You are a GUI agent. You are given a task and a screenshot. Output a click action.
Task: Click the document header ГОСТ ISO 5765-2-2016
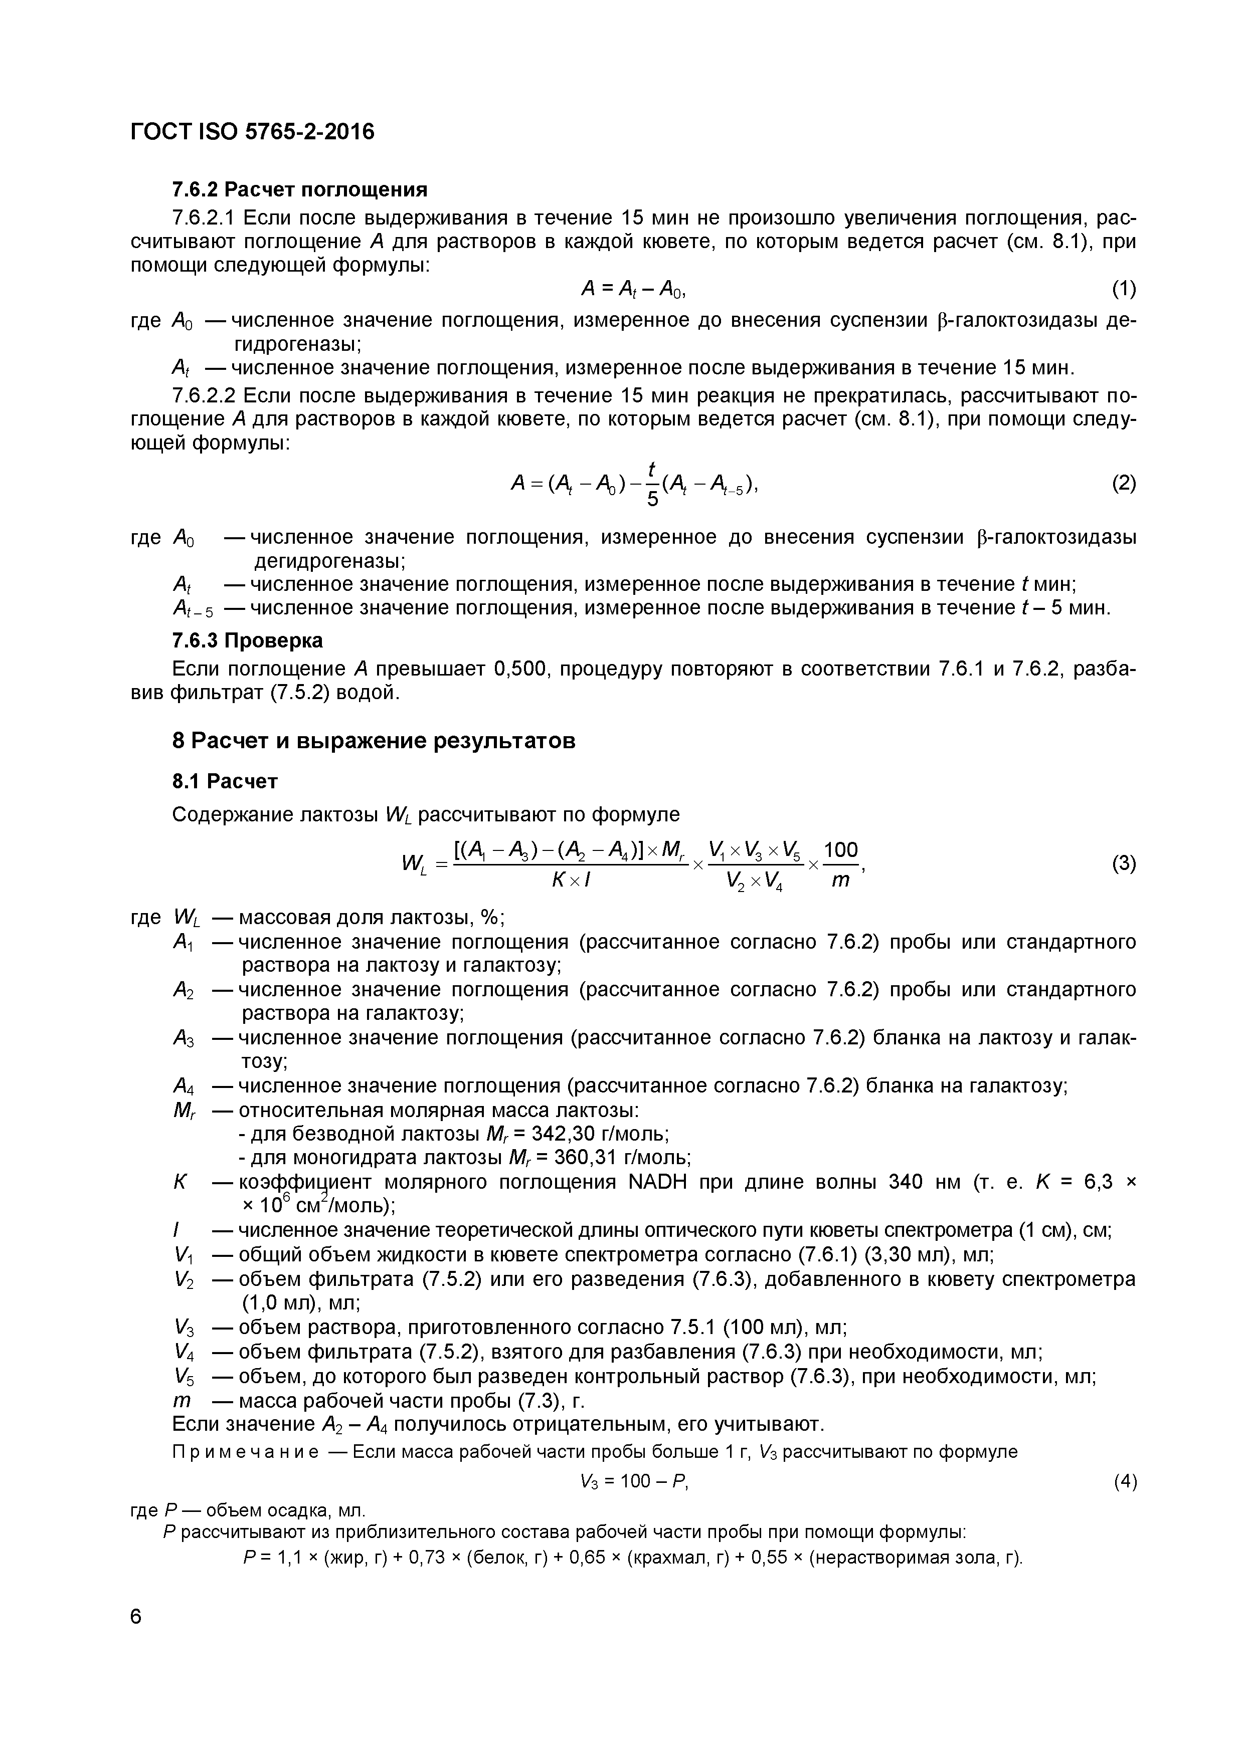[253, 132]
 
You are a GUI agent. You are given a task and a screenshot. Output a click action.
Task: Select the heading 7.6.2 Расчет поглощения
[299, 189]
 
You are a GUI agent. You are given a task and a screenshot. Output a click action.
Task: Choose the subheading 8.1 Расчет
[225, 782]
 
